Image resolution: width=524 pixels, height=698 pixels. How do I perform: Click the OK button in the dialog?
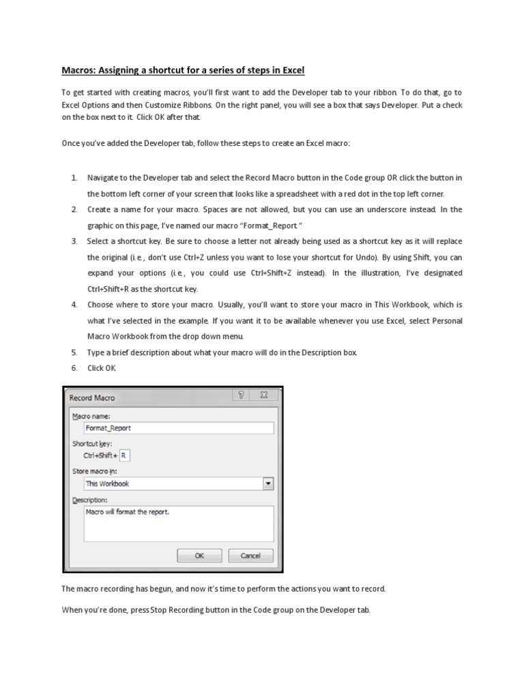pos(199,556)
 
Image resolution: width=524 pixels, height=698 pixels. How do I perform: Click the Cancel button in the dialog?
pos(250,556)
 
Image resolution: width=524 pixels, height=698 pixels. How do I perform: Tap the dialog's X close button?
pos(263,395)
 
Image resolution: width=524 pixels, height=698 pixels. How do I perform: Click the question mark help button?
pos(240,395)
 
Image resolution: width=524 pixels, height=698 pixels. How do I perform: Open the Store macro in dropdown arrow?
pos(267,483)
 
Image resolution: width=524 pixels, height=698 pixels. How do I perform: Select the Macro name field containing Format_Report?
pos(177,428)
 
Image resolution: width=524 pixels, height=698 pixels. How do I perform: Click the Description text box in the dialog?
pos(177,523)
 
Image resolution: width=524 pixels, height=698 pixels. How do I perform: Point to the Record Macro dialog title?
pos(92,397)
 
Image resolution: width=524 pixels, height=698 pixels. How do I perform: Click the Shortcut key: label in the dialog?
pos(92,443)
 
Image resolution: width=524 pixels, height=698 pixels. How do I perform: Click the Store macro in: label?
pos(95,470)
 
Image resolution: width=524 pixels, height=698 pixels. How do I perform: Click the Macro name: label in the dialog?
pos(91,415)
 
